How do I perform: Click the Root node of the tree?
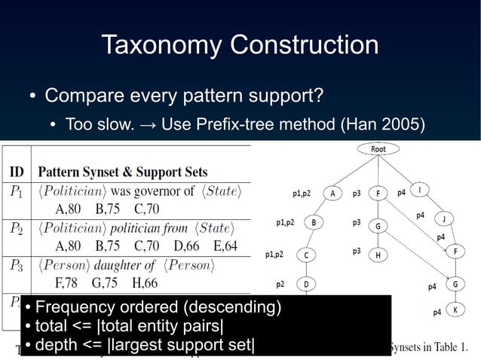(378, 149)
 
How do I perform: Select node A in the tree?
(332, 193)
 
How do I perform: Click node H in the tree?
(378, 255)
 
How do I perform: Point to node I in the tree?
(419, 189)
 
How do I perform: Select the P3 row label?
(16, 265)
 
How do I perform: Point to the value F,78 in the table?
(69, 283)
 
